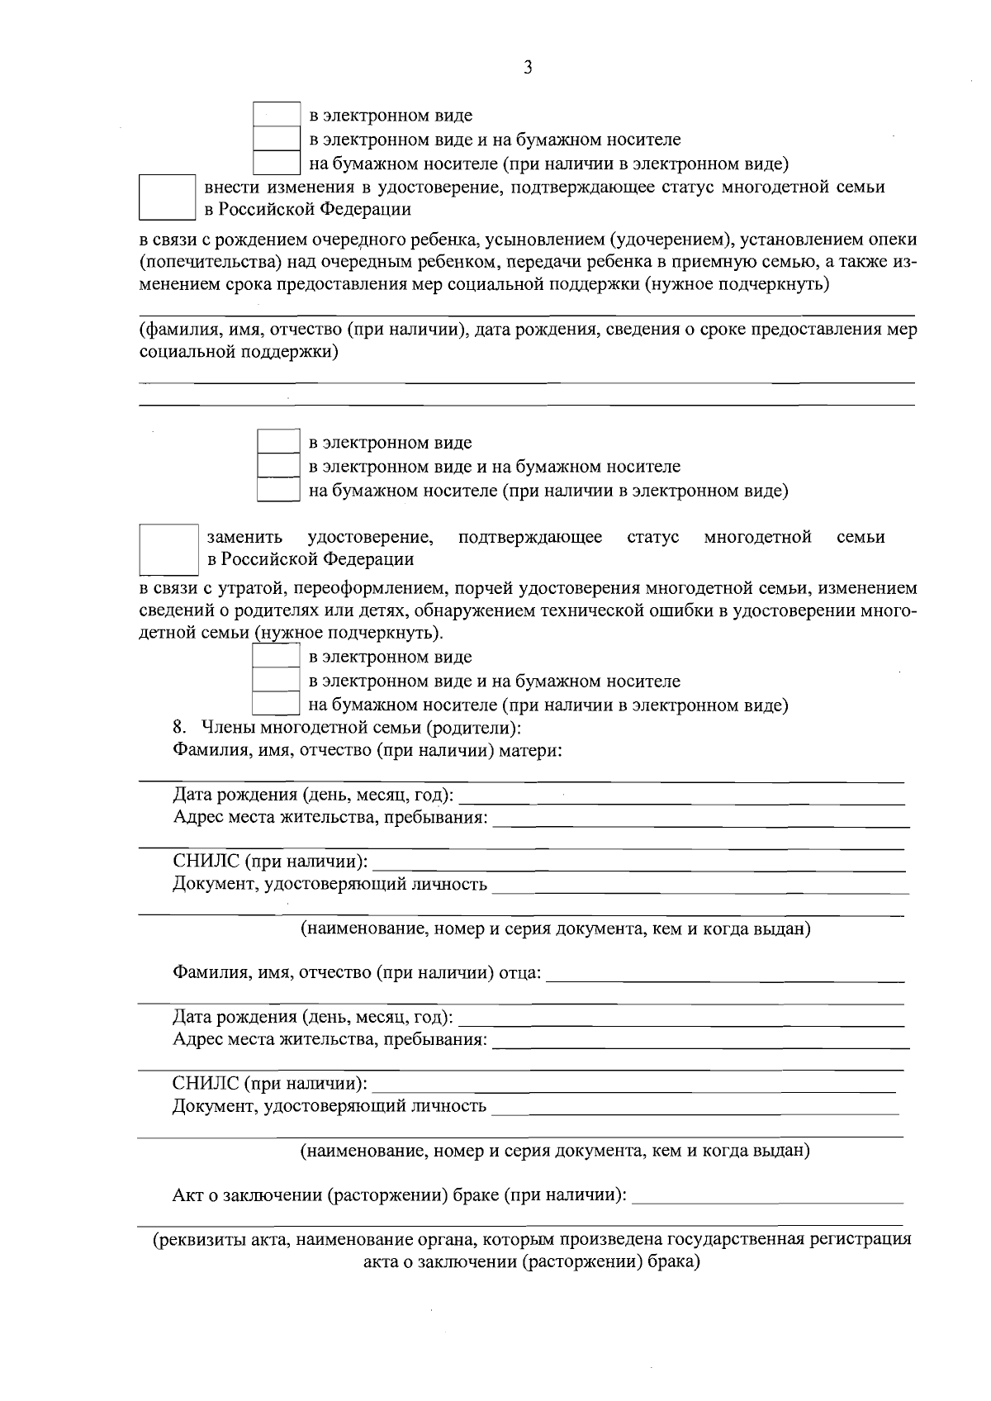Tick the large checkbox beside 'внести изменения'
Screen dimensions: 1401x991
click(167, 197)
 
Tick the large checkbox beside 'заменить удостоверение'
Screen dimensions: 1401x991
click(168, 549)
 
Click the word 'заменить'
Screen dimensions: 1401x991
click(244, 538)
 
